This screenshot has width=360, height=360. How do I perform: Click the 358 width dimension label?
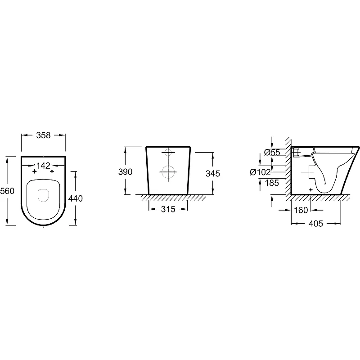[43, 135]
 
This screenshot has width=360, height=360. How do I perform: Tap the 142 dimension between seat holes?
[43, 165]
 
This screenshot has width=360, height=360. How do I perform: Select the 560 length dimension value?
[7, 191]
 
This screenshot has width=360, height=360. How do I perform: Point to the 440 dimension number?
[76, 198]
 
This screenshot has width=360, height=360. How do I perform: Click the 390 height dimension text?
[126, 172]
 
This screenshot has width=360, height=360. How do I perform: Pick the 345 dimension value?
[213, 174]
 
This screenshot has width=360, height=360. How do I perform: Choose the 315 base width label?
[168, 209]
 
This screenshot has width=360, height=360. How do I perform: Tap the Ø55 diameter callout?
[272, 153]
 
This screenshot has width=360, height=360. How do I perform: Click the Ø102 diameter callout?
[261, 172]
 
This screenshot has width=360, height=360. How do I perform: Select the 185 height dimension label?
[272, 183]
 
